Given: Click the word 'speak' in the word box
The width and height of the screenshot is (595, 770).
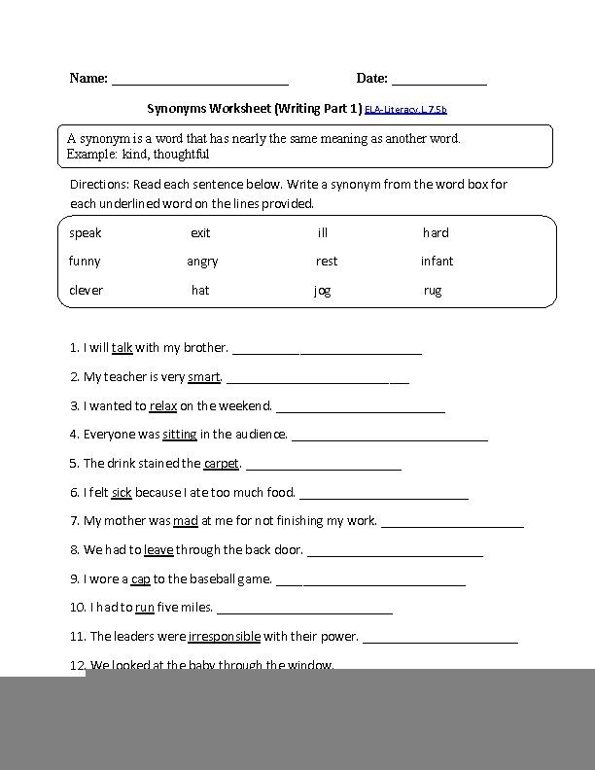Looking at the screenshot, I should coord(85,233).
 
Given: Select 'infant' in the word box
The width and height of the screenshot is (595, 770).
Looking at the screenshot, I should coord(437,262).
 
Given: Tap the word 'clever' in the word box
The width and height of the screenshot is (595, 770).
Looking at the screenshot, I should coord(86,291).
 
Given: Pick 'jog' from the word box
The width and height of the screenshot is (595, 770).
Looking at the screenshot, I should coord(322,292).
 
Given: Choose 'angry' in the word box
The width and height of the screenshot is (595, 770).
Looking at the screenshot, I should coord(202,262).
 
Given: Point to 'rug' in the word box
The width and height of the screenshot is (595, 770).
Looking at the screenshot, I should coord(433,292).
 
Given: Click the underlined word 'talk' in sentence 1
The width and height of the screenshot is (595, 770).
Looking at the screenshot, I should coord(122,347).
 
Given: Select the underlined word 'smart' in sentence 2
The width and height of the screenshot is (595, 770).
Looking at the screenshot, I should coord(204,376).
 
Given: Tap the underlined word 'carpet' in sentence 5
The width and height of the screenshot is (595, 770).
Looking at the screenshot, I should coord(222,463).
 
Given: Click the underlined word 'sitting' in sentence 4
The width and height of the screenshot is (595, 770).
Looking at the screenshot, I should coord(180,435).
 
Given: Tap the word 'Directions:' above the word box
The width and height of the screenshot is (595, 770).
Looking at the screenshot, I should coord(100,184).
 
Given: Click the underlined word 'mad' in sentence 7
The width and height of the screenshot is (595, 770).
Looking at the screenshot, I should coord(185,521).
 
